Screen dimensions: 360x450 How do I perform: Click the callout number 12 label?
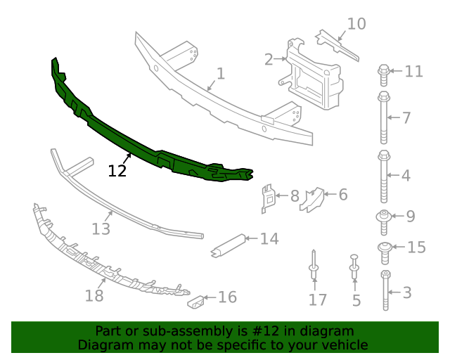(x=117, y=171)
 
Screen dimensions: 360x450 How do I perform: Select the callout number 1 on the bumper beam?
(x=220, y=74)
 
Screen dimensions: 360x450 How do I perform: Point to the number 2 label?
(x=269, y=59)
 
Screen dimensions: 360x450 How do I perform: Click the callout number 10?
(x=356, y=24)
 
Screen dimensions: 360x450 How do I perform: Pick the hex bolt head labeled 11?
(x=384, y=70)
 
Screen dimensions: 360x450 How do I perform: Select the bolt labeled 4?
(x=384, y=175)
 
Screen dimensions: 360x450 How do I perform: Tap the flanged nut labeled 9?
(x=384, y=217)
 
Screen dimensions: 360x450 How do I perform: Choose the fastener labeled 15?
(x=385, y=247)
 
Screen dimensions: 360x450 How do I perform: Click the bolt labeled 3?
(x=385, y=290)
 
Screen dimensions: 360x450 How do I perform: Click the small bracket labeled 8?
(x=268, y=198)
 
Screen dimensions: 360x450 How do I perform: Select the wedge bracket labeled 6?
(x=311, y=199)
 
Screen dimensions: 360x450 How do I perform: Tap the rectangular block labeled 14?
(x=228, y=243)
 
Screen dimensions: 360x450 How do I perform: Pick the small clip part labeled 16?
(x=196, y=302)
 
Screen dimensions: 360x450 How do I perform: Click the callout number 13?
(x=101, y=229)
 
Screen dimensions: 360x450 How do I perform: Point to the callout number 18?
(x=94, y=295)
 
